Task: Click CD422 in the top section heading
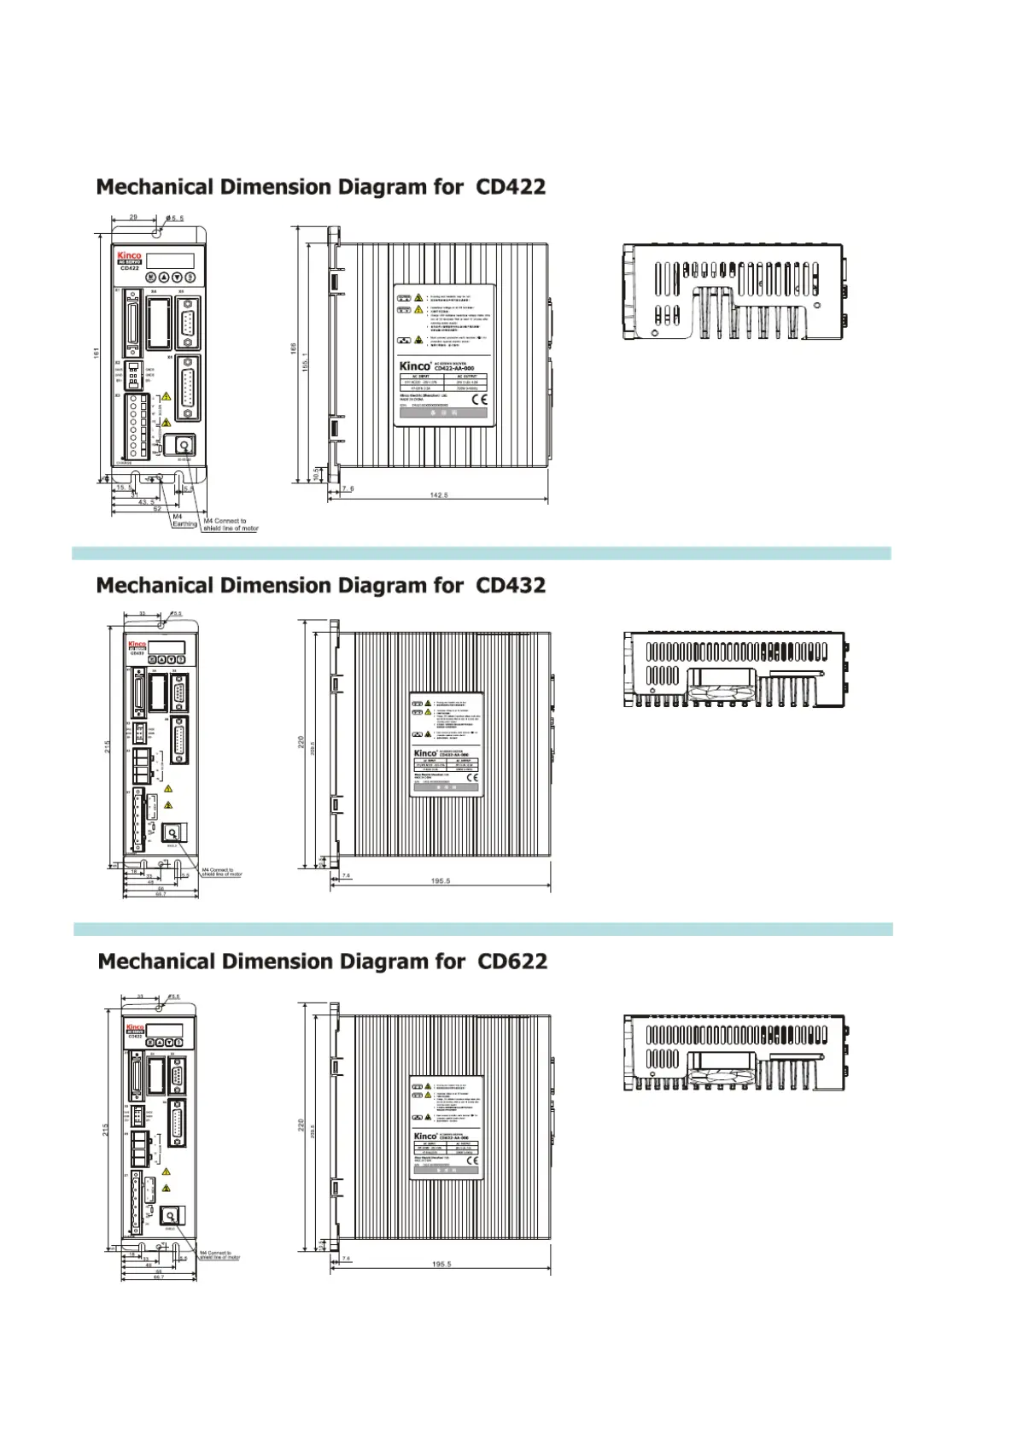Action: pyautogui.click(x=510, y=187)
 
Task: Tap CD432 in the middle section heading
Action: pyautogui.click(x=510, y=586)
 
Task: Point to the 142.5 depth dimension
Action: pyautogui.click(x=439, y=495)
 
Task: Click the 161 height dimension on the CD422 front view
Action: pyautogui.click(x=96, y=352)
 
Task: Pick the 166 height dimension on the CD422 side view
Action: pyautogui.click(x=293, y=348)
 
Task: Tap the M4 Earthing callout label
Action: pyautogui.click(x=184, y=520)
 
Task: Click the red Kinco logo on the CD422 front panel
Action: pyautogui.click(x=129, y=255)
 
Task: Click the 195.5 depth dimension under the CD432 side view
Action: pyautogui.click(x=440, y=880)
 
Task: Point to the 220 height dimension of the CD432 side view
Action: pyautogui.click(x=301, y=743)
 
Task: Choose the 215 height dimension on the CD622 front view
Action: pyautogui.click(x=105, y=1129)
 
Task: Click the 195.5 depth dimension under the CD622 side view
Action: pyautogui.click(x=441, y=1264)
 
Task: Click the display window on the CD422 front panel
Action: pyautogui.click(x=170, y=260)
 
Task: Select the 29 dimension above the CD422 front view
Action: pyautogui.click(x=133, y=218)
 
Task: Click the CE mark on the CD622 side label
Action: pyautogui.click(x=473, y=1160)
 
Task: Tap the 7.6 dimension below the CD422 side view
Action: pyautogui.click(x=348, y=489)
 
